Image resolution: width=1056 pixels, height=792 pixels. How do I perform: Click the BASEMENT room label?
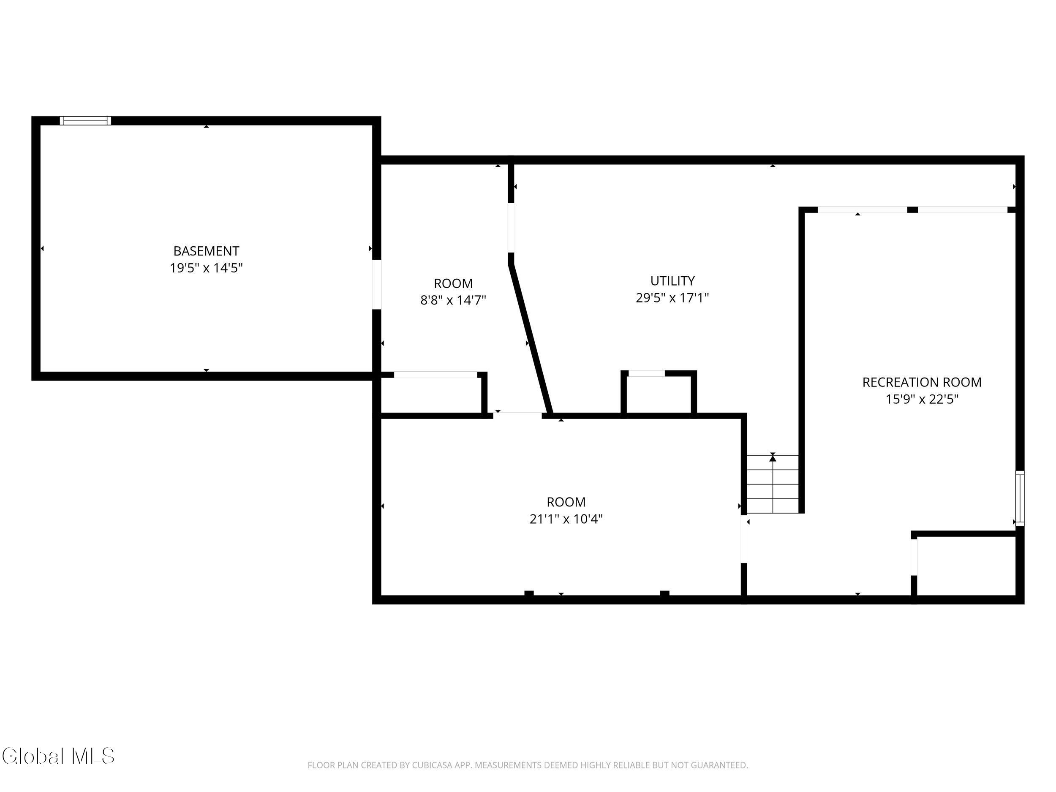pos(206,250)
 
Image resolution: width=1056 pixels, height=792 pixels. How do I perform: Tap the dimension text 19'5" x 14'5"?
pos(206,268)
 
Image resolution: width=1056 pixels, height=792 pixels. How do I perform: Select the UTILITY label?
pos(672,281)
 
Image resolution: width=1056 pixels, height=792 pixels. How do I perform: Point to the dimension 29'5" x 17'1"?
pos(672,298)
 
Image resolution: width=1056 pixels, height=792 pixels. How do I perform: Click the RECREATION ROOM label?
pos(922,382)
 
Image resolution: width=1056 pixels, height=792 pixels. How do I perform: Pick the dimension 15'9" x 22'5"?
pos(922,399)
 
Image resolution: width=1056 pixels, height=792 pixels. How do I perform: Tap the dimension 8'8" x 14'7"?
pos(453,300)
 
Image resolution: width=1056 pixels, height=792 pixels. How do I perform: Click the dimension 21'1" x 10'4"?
pos(566,519)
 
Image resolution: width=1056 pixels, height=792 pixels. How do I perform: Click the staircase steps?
pos(773,484)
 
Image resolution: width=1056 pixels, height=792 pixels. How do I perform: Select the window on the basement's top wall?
pos(85,121)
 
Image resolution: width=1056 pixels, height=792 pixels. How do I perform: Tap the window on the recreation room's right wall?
pos(1020,498)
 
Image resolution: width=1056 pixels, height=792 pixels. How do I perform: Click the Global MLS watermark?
pos(58,756)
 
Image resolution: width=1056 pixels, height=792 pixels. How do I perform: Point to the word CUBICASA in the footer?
pos(432,765)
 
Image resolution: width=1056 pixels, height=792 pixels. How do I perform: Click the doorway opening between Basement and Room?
pos(377,285)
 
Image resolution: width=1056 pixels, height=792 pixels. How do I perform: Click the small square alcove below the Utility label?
pos(659,394)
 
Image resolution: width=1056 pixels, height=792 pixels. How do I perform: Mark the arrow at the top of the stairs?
pos(773,458)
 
